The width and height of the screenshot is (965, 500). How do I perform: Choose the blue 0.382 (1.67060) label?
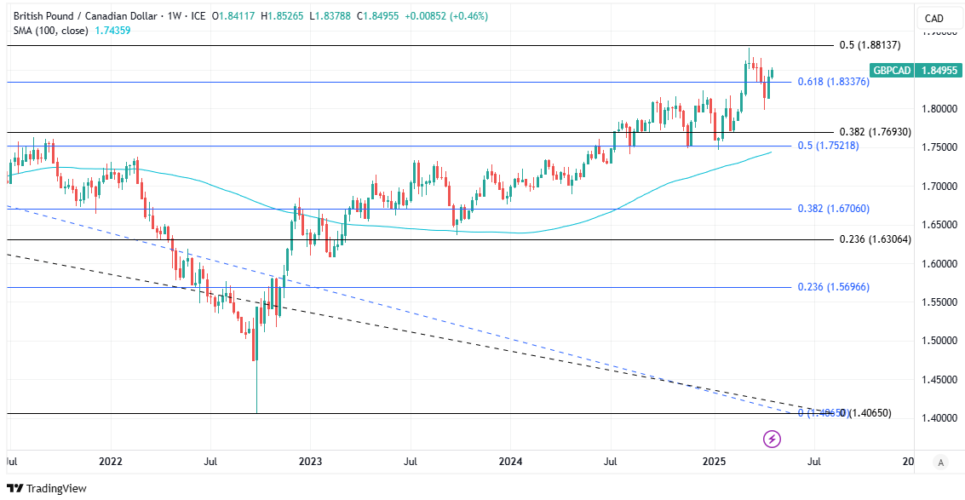tap(833, 209)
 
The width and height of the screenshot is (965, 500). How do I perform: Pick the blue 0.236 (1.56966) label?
tap(833, 287)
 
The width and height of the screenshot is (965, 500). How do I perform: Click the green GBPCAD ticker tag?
tap(890, 71)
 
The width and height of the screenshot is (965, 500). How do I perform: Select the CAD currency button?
tap(934, 19)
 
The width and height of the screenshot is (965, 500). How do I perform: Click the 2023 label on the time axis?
tap(310, 462)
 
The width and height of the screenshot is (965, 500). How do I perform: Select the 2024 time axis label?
tap(510, 462)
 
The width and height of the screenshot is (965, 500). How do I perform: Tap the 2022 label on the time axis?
tap(111, 462)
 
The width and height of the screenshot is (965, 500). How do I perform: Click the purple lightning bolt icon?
tap(772, 439)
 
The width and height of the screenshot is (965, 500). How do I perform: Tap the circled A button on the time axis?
tap(940, 463)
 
